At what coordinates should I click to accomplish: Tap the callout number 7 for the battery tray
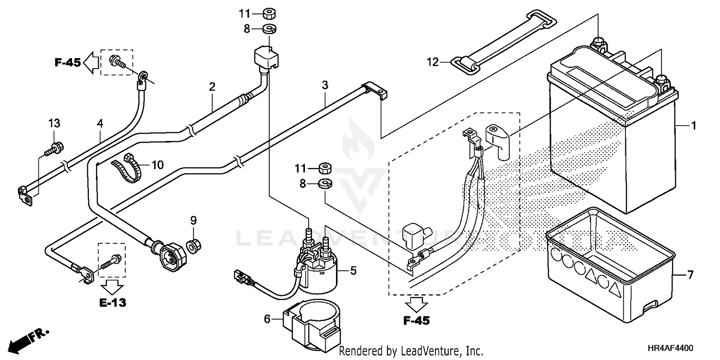(690, 276)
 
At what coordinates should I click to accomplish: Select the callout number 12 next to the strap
(433, 62)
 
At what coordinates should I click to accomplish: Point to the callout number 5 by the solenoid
(353, 271)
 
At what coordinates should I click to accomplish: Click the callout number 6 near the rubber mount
(267, 318)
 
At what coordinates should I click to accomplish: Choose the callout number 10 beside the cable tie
(157, 166)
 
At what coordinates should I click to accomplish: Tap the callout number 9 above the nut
(193, 221)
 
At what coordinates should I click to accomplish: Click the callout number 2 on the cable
(212, 87)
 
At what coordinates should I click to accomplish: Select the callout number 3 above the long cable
(325, 86)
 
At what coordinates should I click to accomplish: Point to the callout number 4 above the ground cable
(100, 123)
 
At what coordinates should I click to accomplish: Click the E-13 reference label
(113, 303)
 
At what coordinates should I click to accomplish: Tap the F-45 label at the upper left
(67, 62)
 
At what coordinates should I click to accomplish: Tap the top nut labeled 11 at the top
(269, 13)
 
